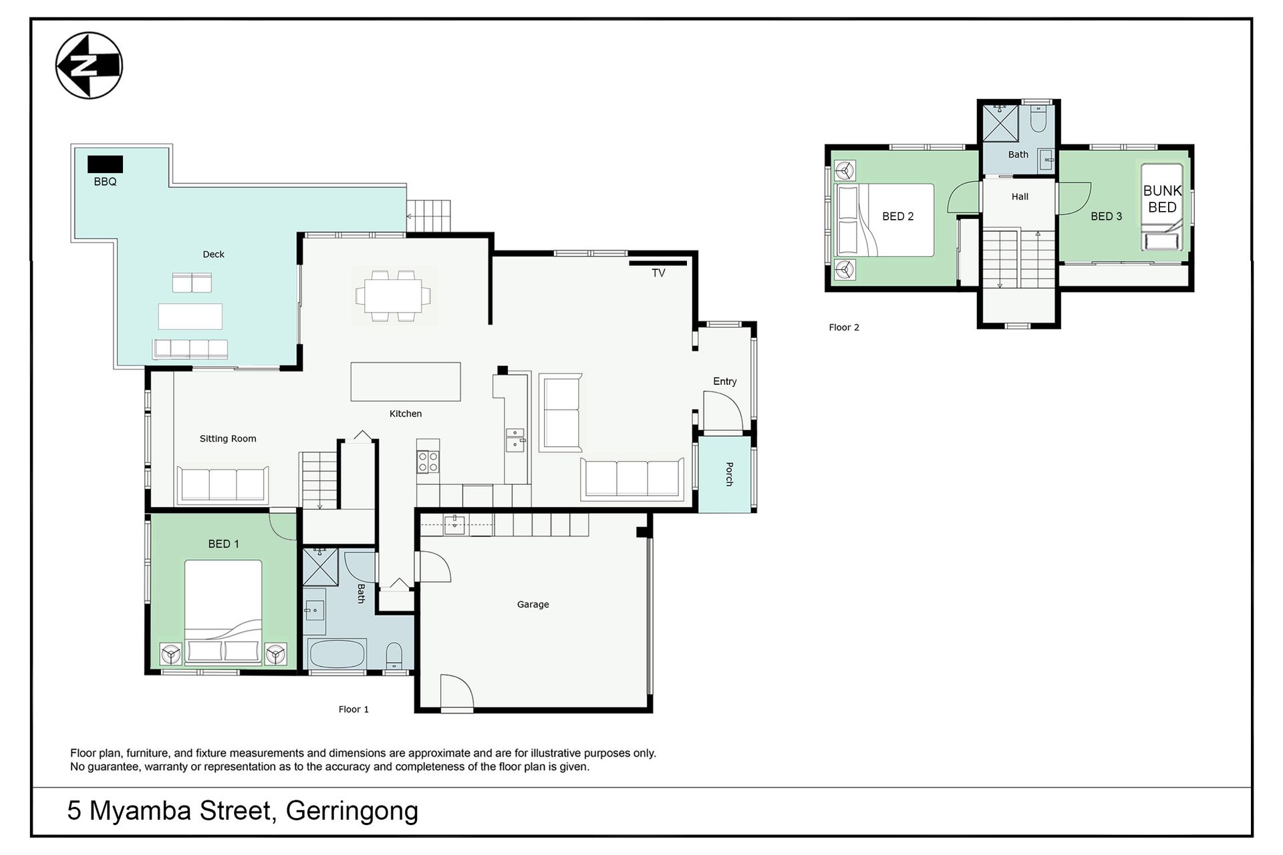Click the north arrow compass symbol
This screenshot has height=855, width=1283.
89,65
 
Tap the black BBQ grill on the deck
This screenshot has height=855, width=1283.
105,164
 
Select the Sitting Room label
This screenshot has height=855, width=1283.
228,439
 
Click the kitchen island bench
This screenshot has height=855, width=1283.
406,381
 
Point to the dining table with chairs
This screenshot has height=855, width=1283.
393,295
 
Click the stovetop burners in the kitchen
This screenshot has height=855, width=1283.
428,462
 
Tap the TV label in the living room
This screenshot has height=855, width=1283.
658,273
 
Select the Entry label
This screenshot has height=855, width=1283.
725,381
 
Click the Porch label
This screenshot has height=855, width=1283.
729,474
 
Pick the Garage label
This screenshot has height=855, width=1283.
533,605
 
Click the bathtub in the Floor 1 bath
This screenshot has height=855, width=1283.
336,653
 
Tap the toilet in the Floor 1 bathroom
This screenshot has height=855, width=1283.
394,655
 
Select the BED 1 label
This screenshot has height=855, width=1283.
223,544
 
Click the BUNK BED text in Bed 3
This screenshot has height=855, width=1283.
1162,199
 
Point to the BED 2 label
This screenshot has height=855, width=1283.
897,216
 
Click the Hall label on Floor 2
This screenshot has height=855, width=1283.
1020,196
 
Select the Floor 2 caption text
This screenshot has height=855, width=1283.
844,327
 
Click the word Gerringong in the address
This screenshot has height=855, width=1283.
352,811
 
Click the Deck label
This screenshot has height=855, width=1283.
213,254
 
